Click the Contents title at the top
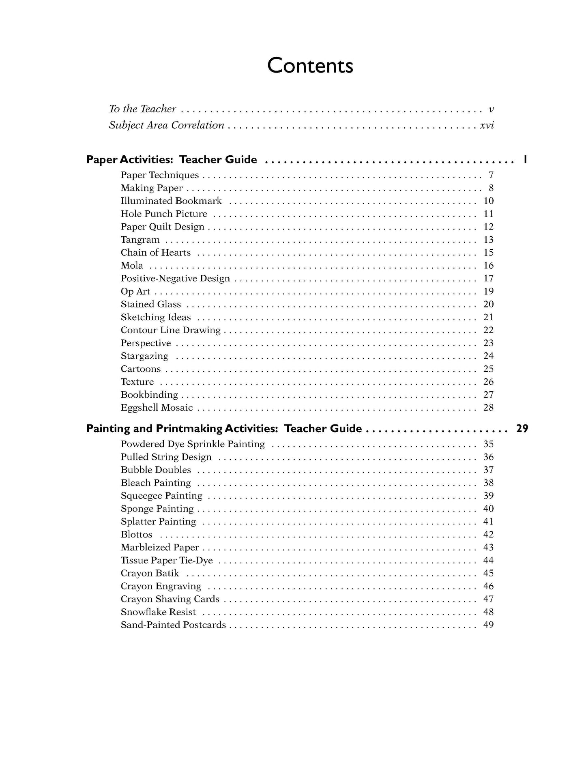coord(310,66)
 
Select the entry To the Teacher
coord(142,109)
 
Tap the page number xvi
coord(487,125)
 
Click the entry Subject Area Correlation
coord(166,125)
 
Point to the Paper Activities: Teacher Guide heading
coord(172,160)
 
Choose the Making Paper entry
coord(152,188)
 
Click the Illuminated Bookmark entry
coord(171,201)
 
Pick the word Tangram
coord(140,240)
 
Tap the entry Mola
coord(132,266)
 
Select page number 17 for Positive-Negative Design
coord(488,278)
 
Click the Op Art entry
coord(135,291)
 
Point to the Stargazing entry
coord(144,356)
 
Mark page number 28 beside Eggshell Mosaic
coord(488,408)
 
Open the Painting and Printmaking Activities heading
coord(224,429)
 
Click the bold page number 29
coord(522,429)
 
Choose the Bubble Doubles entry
coord(156,470)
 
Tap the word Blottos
coord(136,535)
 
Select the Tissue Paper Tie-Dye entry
coord(167,561)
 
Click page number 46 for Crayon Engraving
coord(488,587)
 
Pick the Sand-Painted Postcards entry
coord(173,625)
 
